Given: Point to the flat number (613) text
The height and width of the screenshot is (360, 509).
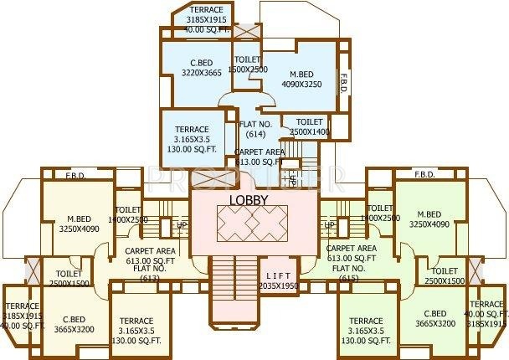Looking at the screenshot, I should (151, 277).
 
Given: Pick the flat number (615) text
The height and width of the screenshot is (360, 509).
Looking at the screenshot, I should (350, 277).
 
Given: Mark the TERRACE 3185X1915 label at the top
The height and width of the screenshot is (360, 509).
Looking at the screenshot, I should (207, 19).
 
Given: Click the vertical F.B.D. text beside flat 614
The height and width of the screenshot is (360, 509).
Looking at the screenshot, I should (343, 83).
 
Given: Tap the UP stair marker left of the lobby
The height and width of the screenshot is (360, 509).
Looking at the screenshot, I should (181, 225).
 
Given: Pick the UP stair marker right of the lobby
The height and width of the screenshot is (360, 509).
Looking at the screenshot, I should (329, 225).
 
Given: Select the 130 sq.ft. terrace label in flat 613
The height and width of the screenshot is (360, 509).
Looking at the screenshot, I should (136, 331).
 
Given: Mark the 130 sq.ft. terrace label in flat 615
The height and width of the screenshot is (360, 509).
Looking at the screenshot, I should (366, 331).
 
